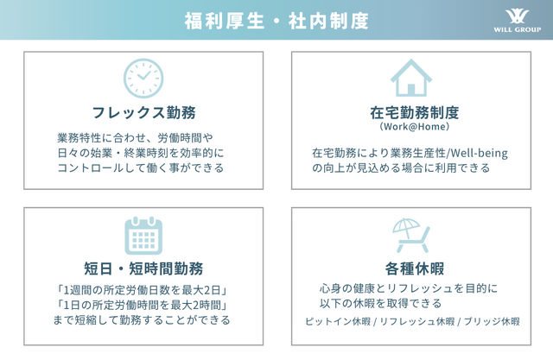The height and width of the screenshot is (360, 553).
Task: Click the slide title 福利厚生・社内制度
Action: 276,21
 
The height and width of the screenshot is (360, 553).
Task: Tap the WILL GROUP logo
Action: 517,21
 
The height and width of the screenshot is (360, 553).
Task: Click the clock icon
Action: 143,79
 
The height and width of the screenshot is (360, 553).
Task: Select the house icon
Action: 411,78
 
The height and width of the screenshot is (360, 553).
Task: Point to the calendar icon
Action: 143,236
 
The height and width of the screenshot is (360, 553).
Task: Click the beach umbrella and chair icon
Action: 411,236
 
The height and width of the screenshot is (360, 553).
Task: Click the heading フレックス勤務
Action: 143,113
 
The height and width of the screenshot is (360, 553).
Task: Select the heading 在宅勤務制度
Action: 415,113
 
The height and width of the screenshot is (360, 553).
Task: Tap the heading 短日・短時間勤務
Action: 143,268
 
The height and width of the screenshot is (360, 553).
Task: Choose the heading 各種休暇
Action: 415,268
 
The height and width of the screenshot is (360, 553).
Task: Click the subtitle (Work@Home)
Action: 415,126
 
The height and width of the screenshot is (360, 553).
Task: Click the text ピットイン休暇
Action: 338,321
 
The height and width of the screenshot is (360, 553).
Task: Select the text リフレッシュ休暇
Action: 416,321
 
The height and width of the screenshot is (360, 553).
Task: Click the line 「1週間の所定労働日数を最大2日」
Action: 142,290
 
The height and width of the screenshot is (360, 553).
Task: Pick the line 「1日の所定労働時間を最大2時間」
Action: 142,305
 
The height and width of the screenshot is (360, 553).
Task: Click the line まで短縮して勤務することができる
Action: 142,319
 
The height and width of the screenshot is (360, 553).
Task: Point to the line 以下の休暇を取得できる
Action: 380,303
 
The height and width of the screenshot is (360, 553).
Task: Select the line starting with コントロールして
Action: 141,167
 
